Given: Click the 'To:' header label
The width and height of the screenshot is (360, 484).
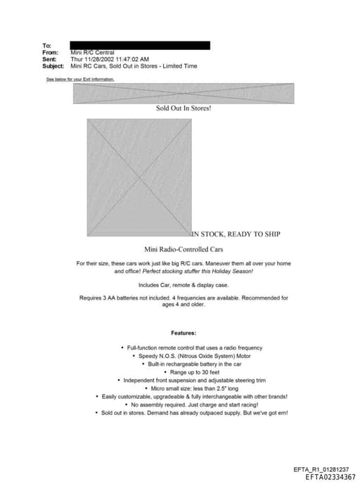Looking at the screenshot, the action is [46, 46].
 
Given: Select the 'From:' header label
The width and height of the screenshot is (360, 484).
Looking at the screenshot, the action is [50, 53].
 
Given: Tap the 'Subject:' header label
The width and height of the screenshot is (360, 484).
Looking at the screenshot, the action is [53, 66].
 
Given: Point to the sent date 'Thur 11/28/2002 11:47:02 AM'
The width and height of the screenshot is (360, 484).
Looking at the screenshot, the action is [110, 59].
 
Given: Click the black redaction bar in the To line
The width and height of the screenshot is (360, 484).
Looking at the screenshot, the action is [139, 45].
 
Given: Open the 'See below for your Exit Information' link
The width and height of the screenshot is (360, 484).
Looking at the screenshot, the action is [79, 79].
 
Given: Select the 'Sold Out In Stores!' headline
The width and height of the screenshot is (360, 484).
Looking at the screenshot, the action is [184, 108].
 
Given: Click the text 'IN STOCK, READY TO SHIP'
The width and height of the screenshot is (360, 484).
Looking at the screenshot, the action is [236, 234].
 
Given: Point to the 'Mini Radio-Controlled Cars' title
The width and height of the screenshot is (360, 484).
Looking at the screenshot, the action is [184, 249].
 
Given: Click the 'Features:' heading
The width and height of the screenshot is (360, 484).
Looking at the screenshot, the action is [184, 333].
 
